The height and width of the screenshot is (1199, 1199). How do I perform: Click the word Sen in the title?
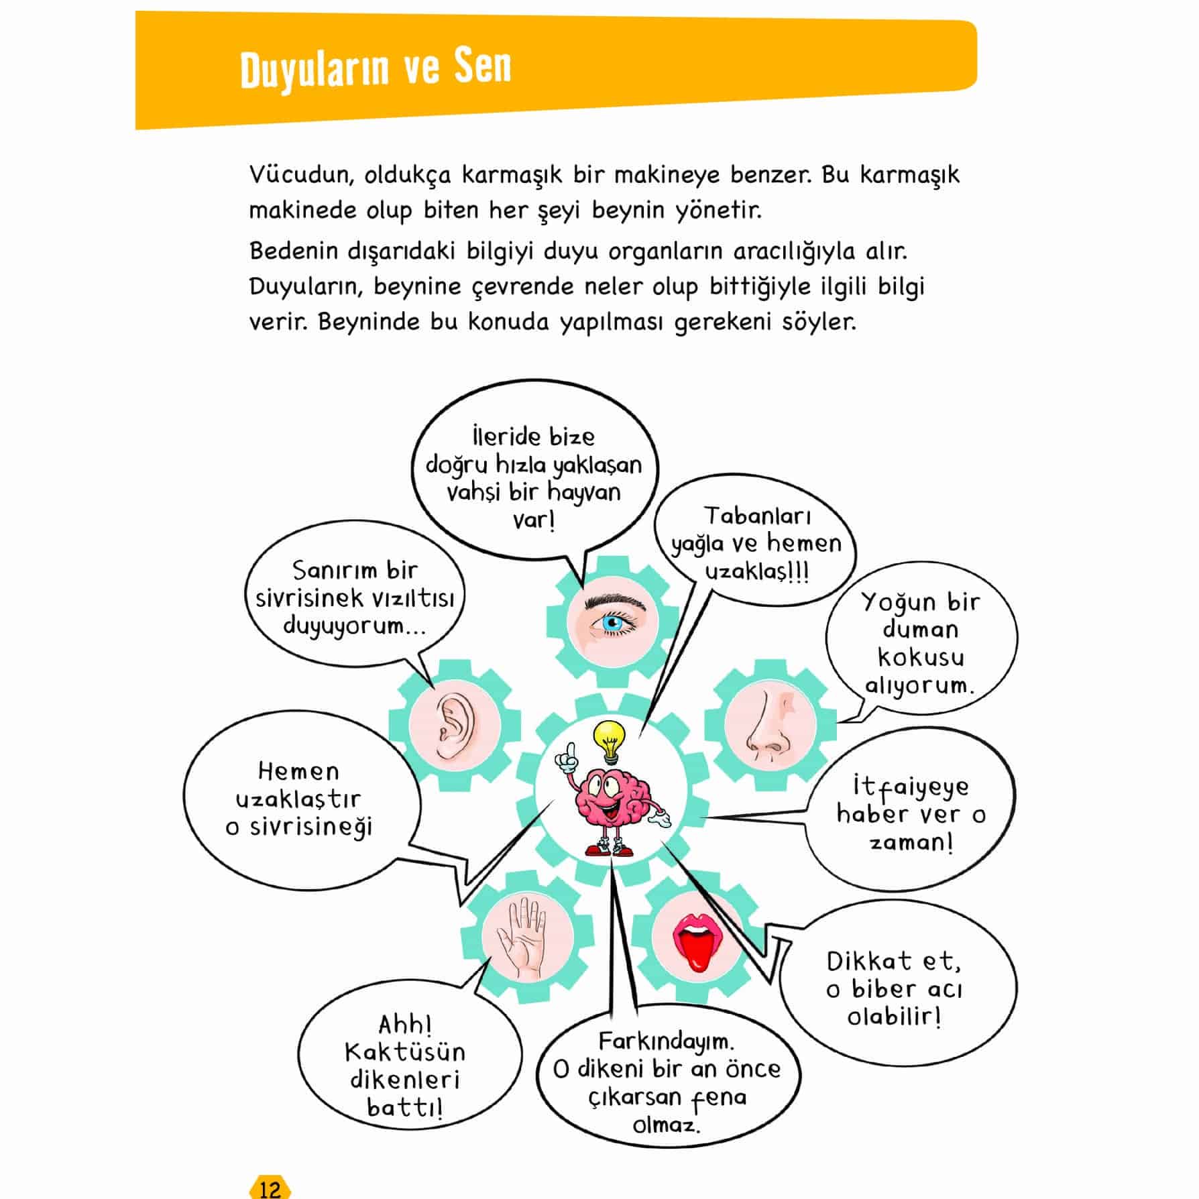tap(481, 67)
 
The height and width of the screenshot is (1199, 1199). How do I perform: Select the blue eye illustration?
tap(611, 623)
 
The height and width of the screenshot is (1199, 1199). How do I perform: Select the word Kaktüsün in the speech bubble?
tap(404, 1051)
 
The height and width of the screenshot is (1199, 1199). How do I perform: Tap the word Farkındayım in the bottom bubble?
tap(666, 1041)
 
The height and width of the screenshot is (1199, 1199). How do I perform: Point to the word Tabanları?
tap(757, 516)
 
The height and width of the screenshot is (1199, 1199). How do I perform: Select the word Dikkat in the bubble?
tap(869, 962)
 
